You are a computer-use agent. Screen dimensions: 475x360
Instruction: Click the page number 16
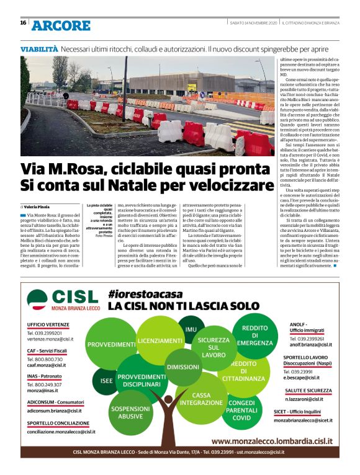(x=23, y=23)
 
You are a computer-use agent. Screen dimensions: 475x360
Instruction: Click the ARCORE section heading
(x=61, y=25)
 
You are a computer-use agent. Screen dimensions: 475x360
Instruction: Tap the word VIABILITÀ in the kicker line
(x=39, y=48)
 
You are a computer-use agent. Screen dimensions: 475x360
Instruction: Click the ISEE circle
(x=104, y=380)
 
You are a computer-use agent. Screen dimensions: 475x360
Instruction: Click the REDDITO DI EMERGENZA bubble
(x=254, y=335)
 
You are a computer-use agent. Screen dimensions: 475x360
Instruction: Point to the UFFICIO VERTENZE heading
(x=48, y=324)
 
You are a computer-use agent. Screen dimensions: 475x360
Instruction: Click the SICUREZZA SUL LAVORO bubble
(x=214, y=347)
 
